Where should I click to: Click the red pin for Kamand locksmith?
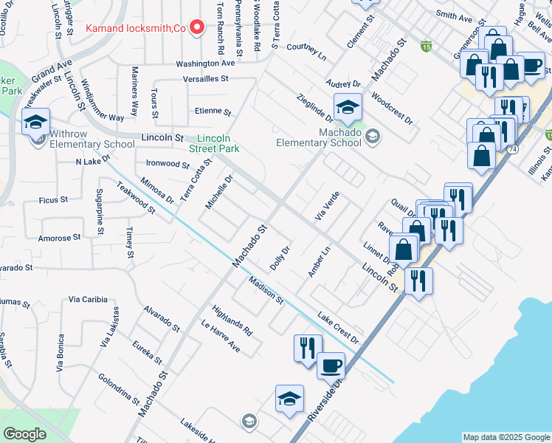coord(196,28)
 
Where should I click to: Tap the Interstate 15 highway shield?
coord(426,46)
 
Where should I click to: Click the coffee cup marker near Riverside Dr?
coord(331,365)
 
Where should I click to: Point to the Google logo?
coord(24,434)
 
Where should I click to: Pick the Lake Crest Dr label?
coord(338,328)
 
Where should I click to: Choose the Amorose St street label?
coord(60,238)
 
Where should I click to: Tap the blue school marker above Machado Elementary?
coord(348,108)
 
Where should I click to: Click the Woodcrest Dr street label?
coord(392,108)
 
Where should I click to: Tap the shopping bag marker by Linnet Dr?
coord(404,249)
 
